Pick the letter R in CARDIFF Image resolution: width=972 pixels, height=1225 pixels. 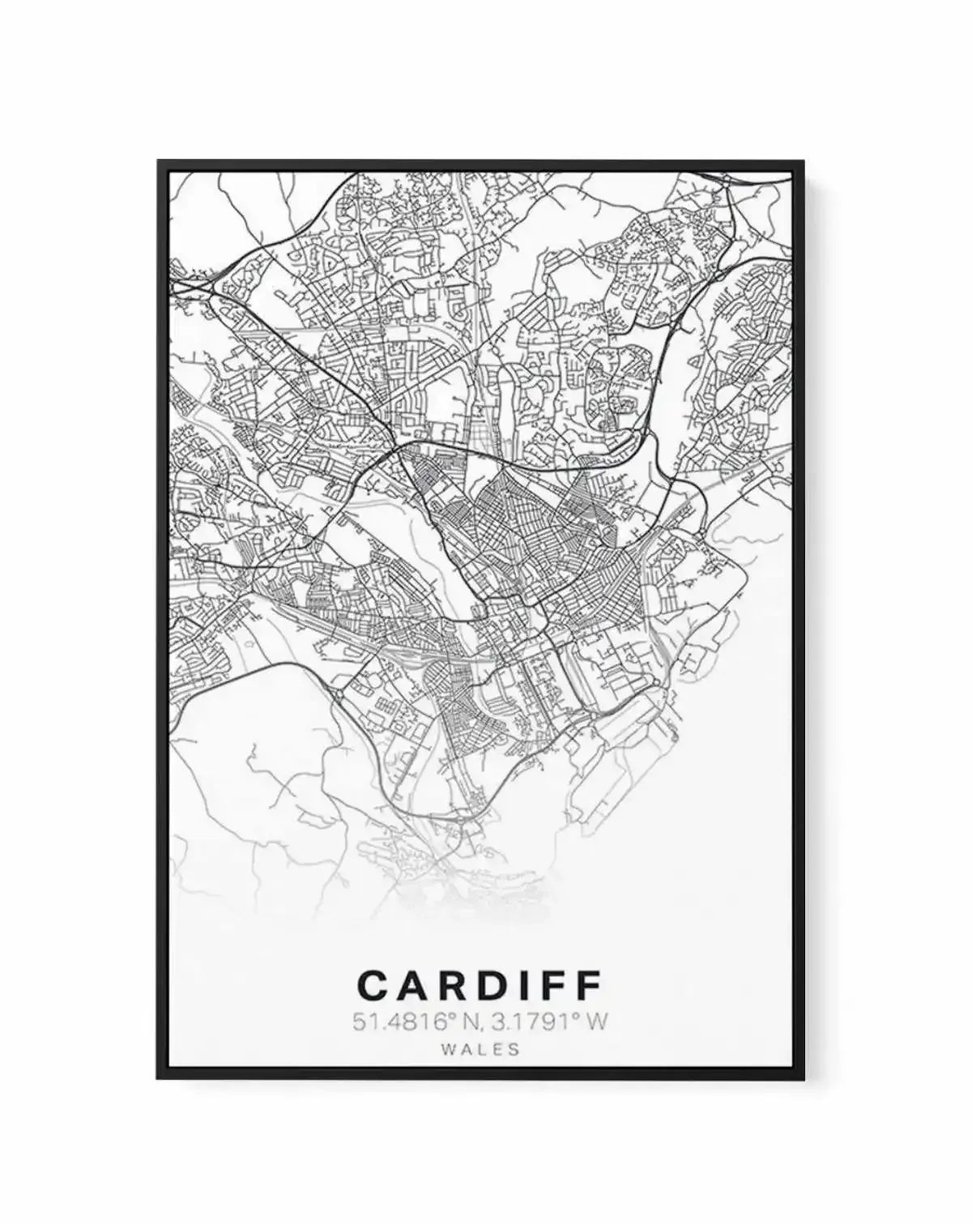tap(455, 985)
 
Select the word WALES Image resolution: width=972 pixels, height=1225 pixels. tap(480, 1048)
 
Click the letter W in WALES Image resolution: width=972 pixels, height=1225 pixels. tap(449, 1048)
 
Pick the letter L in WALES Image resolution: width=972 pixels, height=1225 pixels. tap(482, 1048)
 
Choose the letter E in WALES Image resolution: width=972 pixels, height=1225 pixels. tap(497, 1048)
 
